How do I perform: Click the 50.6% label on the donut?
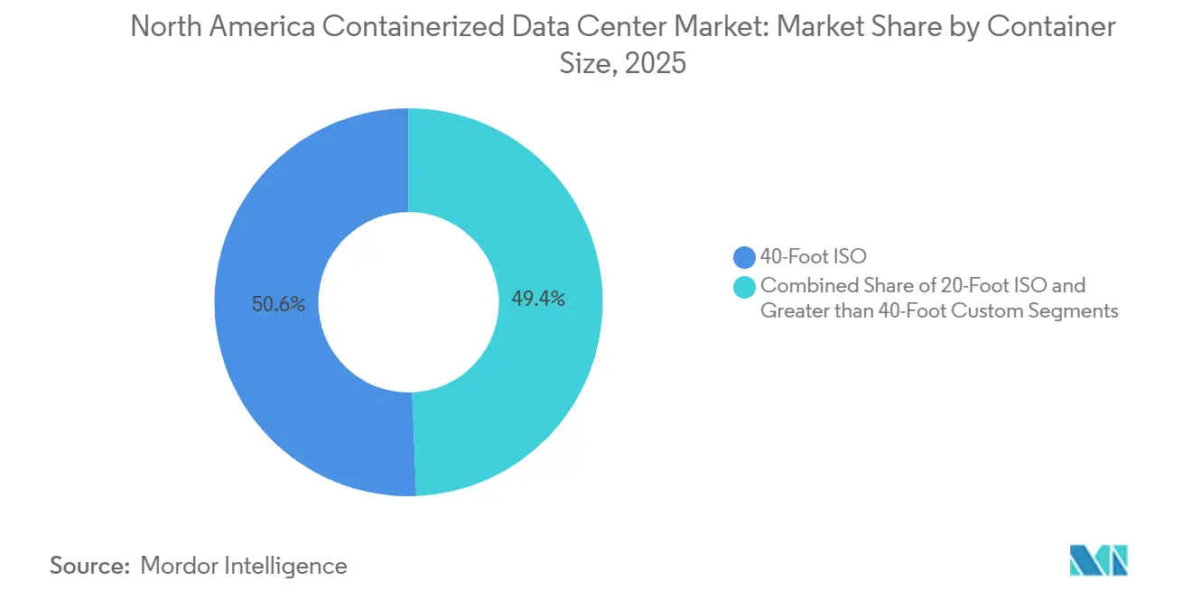point(279,305)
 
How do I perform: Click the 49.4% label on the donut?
point(538,300)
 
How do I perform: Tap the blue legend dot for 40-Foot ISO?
point(745,257)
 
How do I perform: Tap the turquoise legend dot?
point(745,286)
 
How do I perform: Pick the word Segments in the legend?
point(1082,311)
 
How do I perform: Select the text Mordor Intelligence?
point(244,566)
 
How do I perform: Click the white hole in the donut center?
point(408,301)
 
